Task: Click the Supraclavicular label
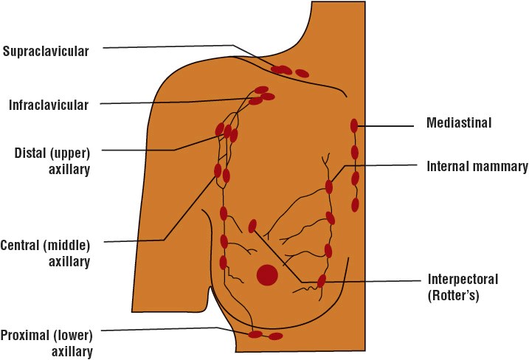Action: click(45, 52)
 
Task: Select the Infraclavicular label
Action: click(49, 105)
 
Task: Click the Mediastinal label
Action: click(459, 122)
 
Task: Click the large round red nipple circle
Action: click(267, 275)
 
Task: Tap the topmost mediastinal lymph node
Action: click(354, 125)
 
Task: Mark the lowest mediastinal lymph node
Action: click(355, 204)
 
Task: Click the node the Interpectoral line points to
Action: click(322, 281)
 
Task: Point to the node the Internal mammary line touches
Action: click(329, 187)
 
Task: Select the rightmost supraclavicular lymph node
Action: click(302, 73)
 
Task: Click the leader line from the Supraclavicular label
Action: click(170, 47)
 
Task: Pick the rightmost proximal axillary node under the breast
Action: click(276, 336)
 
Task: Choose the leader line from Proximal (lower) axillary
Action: click(162, 330)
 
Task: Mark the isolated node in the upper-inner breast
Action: click(253, 226)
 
